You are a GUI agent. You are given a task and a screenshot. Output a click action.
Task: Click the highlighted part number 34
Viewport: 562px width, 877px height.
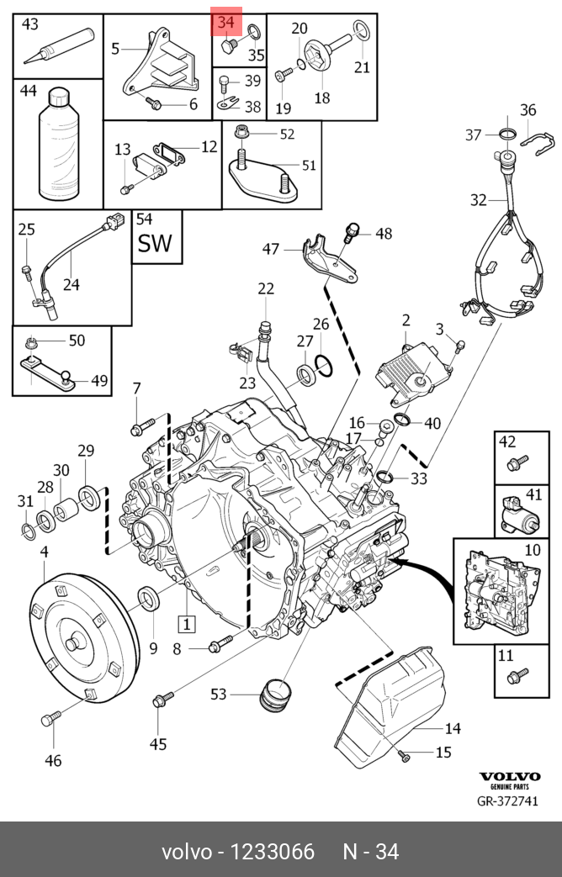pos(226,22)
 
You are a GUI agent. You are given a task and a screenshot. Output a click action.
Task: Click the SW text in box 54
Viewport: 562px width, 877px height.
pos(156,243)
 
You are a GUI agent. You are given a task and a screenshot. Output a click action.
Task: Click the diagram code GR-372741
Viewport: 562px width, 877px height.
pos(507,801)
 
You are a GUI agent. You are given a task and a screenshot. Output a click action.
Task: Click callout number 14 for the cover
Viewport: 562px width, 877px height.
pos(453,728)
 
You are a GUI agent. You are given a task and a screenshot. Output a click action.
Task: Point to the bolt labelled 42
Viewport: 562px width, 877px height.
pos(517,462)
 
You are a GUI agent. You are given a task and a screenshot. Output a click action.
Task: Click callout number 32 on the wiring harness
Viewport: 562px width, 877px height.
pos(478,200)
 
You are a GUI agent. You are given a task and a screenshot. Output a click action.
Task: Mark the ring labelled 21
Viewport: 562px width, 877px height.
pos(361,33)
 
